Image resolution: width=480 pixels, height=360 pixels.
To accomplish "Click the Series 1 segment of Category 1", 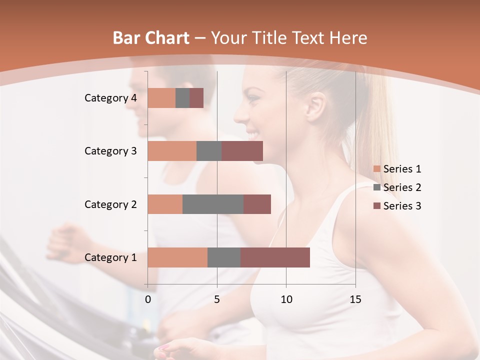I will [x=177, y=257].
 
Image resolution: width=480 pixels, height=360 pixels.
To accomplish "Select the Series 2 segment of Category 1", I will [x=224, y=257].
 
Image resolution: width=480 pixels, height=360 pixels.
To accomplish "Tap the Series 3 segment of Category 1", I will [x=275, y=257].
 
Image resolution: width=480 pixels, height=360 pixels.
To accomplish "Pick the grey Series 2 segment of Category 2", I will [x=213, y=204].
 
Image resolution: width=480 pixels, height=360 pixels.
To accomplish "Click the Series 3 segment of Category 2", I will [x=257, y=204].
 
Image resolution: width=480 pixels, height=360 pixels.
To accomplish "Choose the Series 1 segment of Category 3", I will [x=172, y=151].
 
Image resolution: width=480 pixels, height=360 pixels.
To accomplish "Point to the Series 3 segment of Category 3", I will [x=242, y=151].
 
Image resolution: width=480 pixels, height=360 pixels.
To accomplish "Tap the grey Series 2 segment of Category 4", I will [x=182, y=98].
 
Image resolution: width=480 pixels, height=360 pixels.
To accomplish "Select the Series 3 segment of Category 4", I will [x=196, y=98].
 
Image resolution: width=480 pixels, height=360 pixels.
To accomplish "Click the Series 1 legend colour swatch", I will [x=376, y=169].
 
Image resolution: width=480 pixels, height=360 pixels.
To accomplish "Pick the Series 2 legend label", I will [x=402, y=187].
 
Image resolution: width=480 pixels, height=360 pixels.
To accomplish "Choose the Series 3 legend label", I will [x=402, y=206].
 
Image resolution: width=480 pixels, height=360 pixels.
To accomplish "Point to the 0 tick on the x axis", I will [x=148, y=299].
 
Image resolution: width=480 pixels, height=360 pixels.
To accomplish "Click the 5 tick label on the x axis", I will [x=217, y=299].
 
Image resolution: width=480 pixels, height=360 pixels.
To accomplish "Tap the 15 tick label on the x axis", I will [x=355, y=299].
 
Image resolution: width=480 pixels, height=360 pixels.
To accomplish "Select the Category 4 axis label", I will [x=110, y=98].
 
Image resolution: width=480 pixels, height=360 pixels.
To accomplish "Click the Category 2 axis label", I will [x=110, y=204].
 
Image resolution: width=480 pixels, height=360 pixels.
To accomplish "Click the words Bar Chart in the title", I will [x=151, y=38].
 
